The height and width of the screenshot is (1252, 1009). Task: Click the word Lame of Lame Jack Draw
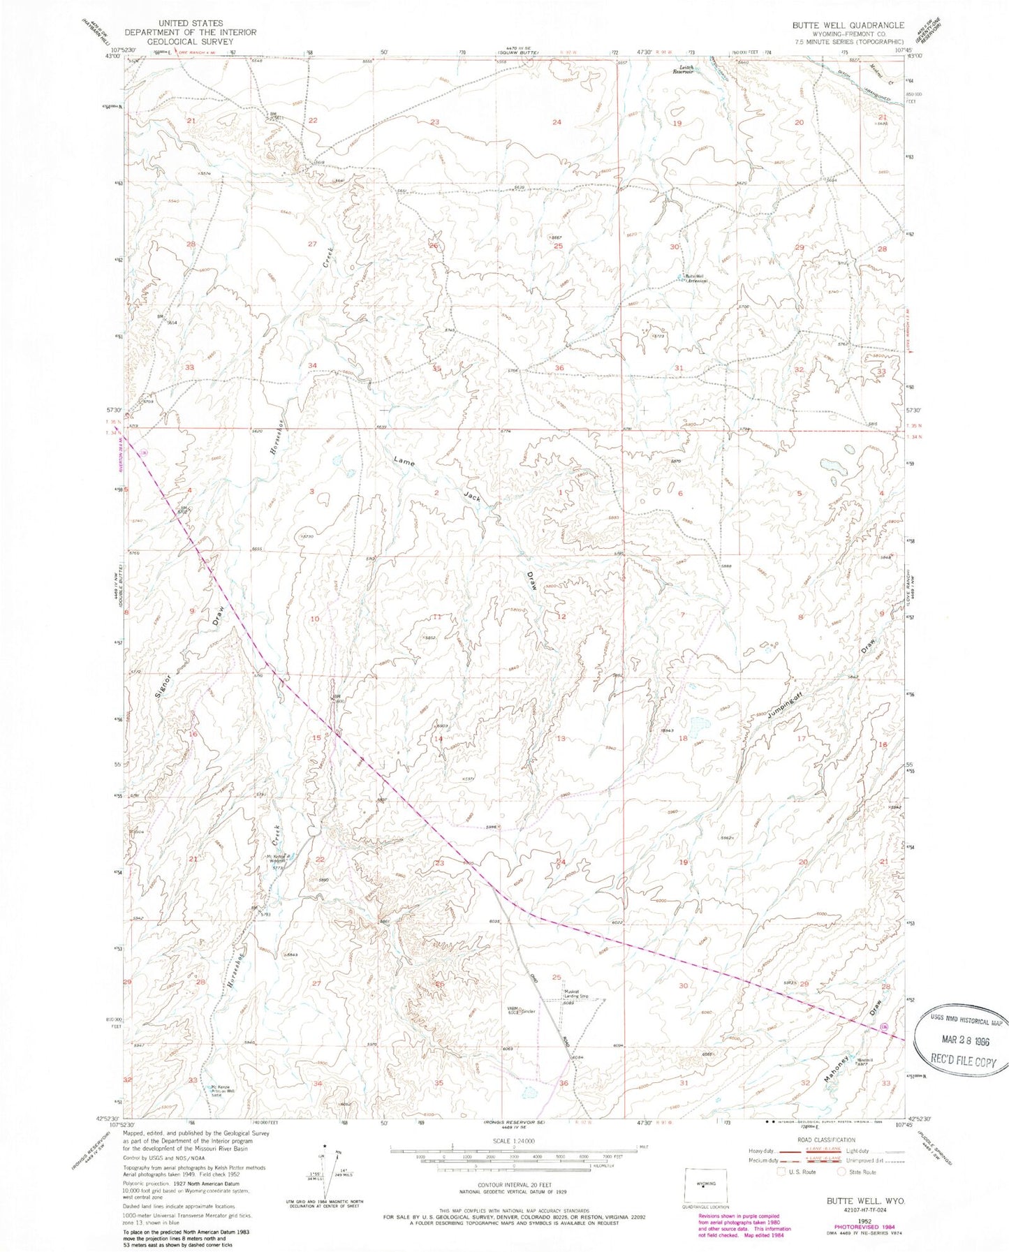coord(404,461)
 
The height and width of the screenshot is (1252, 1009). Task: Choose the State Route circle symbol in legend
coord(842,1172)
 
